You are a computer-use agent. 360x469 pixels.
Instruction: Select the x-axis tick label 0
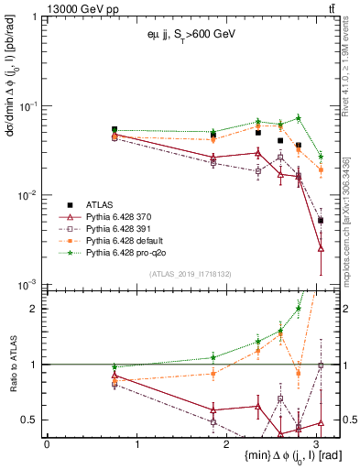coord(47,443)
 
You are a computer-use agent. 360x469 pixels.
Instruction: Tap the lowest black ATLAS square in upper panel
coord(321,221)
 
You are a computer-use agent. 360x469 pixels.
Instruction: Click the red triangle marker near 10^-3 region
coord(321,248)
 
